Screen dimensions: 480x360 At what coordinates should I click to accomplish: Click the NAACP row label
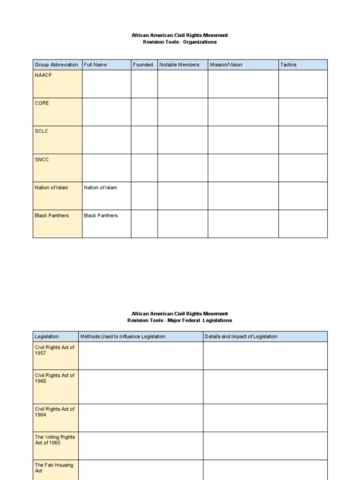(43, 75)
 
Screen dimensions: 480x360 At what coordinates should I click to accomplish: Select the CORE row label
(42, 103)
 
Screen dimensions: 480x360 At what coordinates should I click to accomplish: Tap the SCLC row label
(41, 131)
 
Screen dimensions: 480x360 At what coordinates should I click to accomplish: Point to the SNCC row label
(42, 159)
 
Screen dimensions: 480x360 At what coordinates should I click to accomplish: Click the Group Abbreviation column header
(56, 65)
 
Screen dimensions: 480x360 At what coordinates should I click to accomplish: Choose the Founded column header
(143, 65)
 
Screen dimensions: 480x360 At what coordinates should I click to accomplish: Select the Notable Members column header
(179, 65)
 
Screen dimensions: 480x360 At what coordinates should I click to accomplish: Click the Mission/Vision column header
(226, 65)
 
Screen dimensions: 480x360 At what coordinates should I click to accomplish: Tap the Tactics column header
(288, 65)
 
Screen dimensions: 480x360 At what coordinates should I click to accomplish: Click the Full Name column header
(96, 65)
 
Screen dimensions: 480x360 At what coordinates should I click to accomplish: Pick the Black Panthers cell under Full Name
(101, 216)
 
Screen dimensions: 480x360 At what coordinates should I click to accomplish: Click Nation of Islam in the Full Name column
(100, 187)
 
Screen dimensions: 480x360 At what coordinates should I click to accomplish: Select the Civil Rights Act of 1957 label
(54, 350)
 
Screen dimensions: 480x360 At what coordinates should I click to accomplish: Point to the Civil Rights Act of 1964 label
(54, 412)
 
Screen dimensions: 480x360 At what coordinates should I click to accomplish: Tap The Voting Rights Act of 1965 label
(54, 440)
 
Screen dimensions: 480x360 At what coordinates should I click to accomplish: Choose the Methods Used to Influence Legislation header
(123, 337)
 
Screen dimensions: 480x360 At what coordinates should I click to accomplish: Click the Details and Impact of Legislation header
(241, 337)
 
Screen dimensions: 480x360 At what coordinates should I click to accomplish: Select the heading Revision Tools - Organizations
(180, 42)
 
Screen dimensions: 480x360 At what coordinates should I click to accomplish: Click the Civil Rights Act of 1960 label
(54, 378)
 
